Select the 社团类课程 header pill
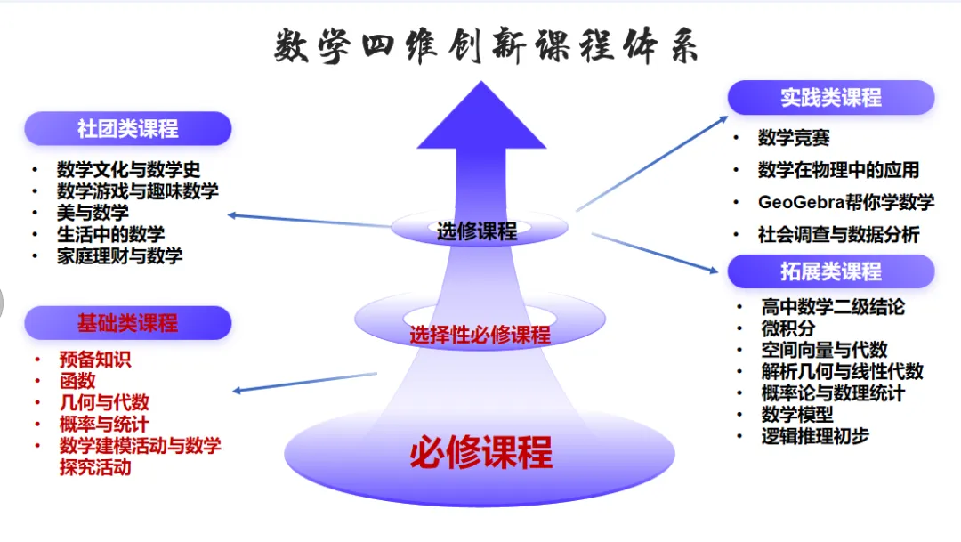point(127,129)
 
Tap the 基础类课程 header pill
point(127,323)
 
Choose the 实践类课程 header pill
point(831,98)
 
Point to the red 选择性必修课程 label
point(480,336)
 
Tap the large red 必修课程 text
point(480,452)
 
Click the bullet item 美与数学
point(93,213)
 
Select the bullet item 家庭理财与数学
point(119,255)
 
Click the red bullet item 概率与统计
point(104,425)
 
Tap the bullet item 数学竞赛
point(794,138)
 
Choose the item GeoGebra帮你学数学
point(845,202)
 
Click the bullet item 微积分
point(787,328)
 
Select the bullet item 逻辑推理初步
point(815,435)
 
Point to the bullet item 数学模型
point(797,414)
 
